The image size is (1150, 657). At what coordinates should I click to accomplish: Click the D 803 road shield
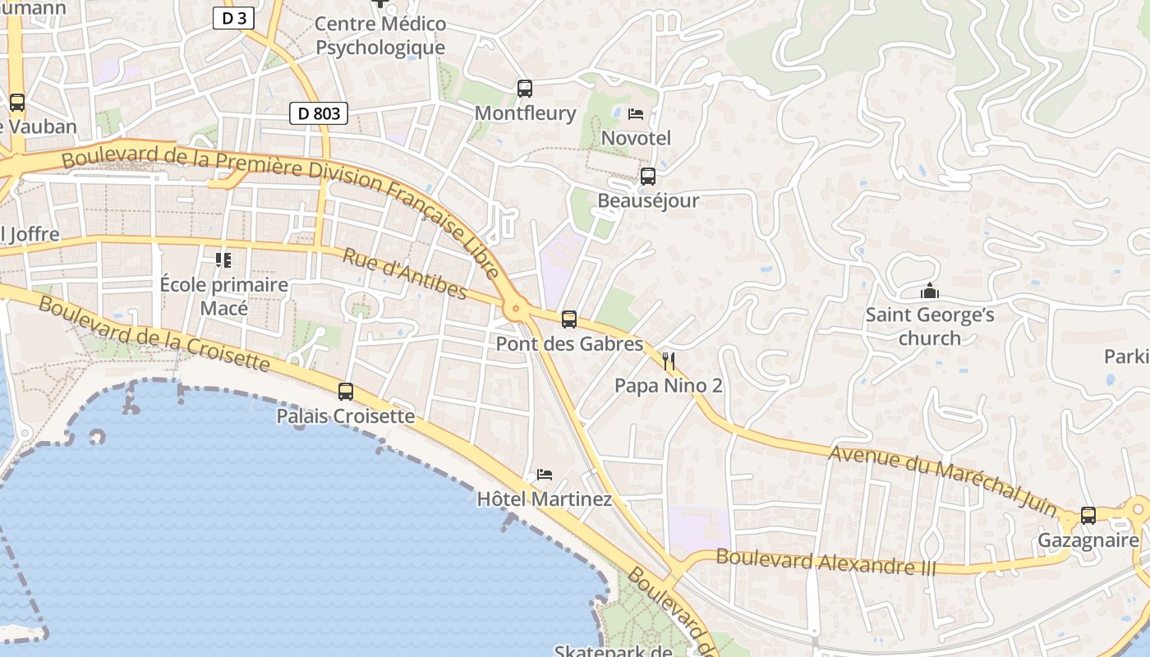319,113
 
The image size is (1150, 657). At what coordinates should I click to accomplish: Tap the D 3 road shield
233,18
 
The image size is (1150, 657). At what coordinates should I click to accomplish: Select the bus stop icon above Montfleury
525,88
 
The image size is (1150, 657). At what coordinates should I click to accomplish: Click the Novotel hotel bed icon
635,114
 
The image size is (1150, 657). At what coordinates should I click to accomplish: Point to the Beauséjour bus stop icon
648,176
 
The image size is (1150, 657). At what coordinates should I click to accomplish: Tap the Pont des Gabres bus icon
569,319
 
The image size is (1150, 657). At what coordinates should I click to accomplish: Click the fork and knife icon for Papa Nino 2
669,361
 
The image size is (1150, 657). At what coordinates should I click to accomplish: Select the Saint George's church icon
930,292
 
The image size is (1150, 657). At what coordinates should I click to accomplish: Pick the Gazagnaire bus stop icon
1088,516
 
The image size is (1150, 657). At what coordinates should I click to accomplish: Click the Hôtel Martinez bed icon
544,474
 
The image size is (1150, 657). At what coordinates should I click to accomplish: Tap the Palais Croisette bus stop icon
346,391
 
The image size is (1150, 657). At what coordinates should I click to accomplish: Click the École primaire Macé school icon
223,260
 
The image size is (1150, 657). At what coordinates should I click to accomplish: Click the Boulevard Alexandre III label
826,562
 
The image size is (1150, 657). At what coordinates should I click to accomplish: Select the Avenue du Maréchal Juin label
943,480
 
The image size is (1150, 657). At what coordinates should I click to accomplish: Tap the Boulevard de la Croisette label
154,333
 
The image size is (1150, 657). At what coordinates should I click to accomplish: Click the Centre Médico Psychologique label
380,36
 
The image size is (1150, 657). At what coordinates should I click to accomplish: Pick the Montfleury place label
526,113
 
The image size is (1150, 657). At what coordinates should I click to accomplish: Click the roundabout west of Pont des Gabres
516,309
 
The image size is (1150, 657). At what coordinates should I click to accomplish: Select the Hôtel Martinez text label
545,499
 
